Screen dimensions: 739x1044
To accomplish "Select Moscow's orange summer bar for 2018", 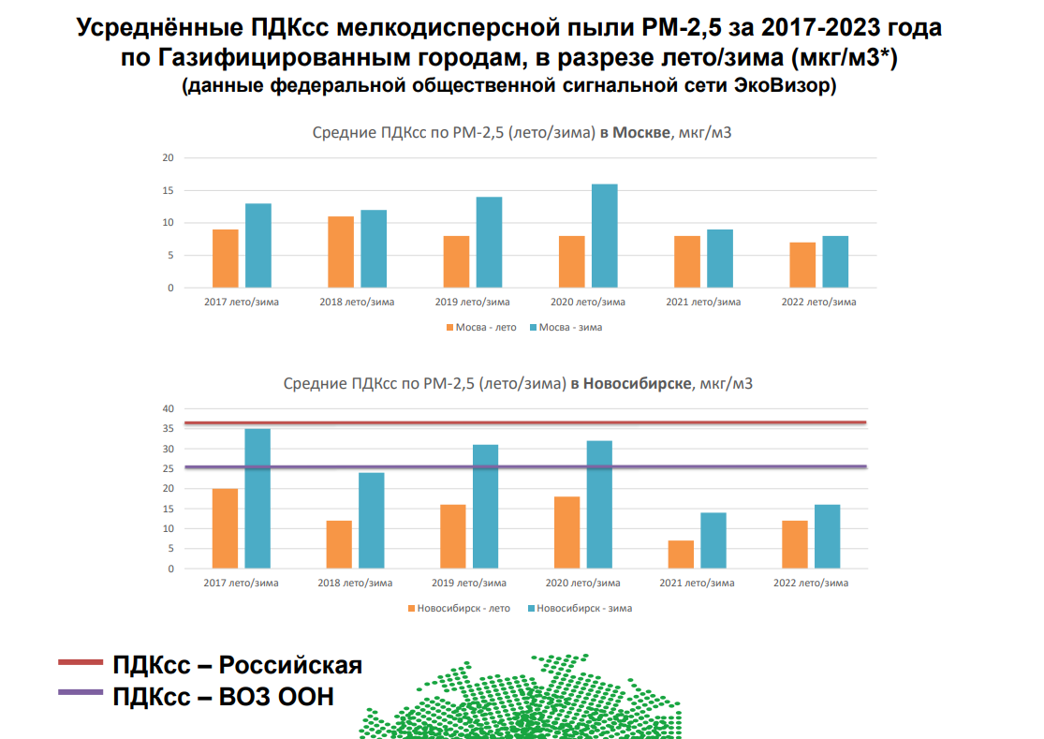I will (341, 252).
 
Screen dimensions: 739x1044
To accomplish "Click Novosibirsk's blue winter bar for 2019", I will (485, 507).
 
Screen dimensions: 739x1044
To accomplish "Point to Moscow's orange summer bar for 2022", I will (802, 265).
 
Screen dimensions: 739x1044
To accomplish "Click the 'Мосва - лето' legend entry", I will (481, 327).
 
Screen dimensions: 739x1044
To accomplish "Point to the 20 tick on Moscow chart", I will (169, 157).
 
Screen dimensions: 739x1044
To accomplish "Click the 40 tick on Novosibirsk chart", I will (169, 408).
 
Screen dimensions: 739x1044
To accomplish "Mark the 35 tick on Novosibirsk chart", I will (169, 429).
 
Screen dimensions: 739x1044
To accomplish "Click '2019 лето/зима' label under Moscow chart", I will (472, 303).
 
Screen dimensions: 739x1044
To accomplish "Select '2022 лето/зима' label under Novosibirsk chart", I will (811, 584).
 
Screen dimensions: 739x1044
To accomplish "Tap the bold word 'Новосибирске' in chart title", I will (637, 384).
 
